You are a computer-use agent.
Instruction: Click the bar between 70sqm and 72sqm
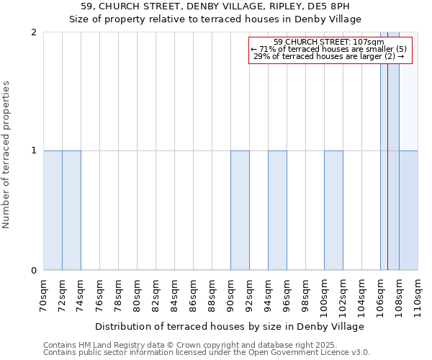[x=53, y=210]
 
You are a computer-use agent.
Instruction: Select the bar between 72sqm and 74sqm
[x=71, y=210]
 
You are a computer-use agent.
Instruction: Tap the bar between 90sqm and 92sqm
[x=240, y=210]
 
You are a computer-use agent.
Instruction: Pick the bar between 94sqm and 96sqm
[x=277, y=210]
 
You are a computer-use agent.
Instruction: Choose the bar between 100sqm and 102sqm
[x=333, y=210]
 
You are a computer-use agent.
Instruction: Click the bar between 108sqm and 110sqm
[x=408, y=210]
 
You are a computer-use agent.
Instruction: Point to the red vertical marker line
[x=388, y=180]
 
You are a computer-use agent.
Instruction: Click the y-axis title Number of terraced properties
[x=7, y=155]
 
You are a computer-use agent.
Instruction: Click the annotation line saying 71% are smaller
[x=328, y=49]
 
